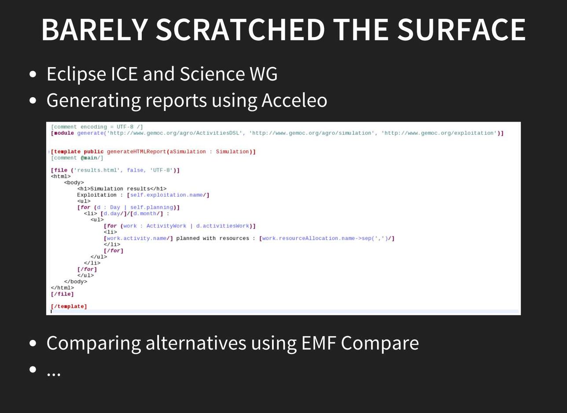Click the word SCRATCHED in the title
[x=240, y=29]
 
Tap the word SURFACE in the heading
[x=461, y=29]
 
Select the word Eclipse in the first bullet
[x=76, y=74]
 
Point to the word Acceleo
[x=294, y=100]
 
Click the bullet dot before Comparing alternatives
[x=33, y=343]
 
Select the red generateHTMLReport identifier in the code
[x=136, y=151]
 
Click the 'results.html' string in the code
[x=97, y=170]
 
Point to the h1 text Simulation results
[x=120, y=189]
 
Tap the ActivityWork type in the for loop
[x=166, y=226]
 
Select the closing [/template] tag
[x=69, y=306]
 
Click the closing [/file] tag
[x=62, y=294]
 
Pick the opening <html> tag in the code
[x=61, y=176]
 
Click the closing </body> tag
[x=75, y=282]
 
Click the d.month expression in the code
[x=147, y=214]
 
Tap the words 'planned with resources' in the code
[x=213, y=238]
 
